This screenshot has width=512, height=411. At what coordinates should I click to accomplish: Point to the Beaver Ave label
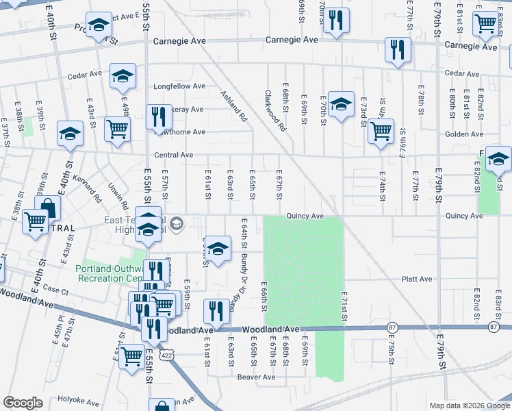click(256, 377)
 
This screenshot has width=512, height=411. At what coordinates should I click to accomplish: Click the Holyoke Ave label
click(79, 399)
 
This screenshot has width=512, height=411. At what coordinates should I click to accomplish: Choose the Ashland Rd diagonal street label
click(233, 105)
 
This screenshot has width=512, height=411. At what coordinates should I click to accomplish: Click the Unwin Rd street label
click(118, 195)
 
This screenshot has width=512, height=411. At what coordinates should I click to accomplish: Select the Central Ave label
click(174, 155)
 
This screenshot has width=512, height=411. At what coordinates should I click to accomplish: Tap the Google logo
click(23, 403)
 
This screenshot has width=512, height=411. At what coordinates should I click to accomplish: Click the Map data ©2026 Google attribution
click(469, 406)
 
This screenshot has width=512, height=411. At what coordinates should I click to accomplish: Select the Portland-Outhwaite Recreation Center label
click(110, 273)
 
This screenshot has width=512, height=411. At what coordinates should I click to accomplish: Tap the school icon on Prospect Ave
click(99, 26)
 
